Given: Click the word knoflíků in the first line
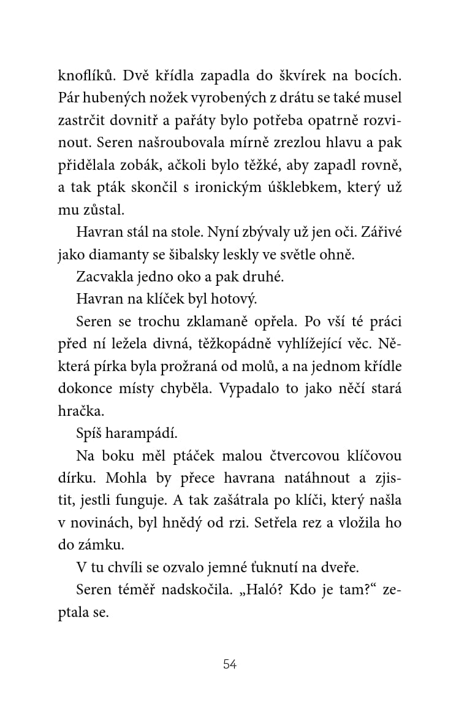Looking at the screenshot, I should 86,77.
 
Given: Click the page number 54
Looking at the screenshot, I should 230,664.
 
